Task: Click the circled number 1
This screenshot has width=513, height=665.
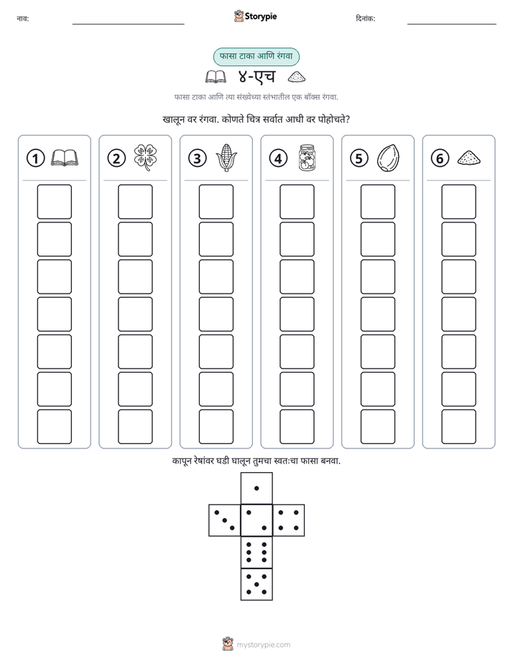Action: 35,158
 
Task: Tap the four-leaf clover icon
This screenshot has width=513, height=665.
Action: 145,158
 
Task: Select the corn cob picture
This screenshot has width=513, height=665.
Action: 226,158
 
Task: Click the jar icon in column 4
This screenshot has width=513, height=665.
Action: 307,158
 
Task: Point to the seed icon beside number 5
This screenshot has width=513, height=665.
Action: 388,158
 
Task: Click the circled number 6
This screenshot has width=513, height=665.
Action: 440,158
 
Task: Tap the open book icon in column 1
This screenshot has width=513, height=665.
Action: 65,158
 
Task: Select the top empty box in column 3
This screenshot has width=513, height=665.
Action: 216,202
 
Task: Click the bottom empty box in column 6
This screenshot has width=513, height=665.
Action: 459,427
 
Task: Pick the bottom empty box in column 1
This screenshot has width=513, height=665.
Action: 54,427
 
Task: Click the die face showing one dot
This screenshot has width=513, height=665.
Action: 256,488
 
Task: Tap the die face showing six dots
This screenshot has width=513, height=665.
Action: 256,553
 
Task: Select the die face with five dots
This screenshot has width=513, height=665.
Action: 256,584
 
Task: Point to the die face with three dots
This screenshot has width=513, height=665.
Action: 225,520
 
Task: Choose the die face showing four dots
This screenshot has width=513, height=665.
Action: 289,520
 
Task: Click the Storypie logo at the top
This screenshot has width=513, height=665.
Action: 255,17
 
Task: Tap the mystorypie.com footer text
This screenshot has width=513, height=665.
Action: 263,645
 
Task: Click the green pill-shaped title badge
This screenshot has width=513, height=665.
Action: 256,56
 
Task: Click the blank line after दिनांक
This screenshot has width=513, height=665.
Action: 452,24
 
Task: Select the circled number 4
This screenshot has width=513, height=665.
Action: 278,158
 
